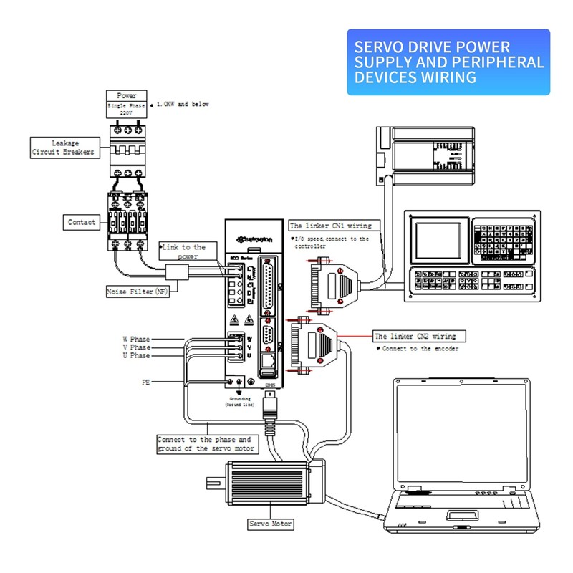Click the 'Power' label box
coord(126,95)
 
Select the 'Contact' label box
coord(82,222)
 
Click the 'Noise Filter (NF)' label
coord(137,292)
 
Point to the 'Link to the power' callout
coord(183,251)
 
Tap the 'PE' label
coord(145,383)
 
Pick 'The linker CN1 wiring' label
coord(330,226)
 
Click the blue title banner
coord(448,62)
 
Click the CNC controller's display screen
coord(438,240)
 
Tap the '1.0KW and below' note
coord(183,105)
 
